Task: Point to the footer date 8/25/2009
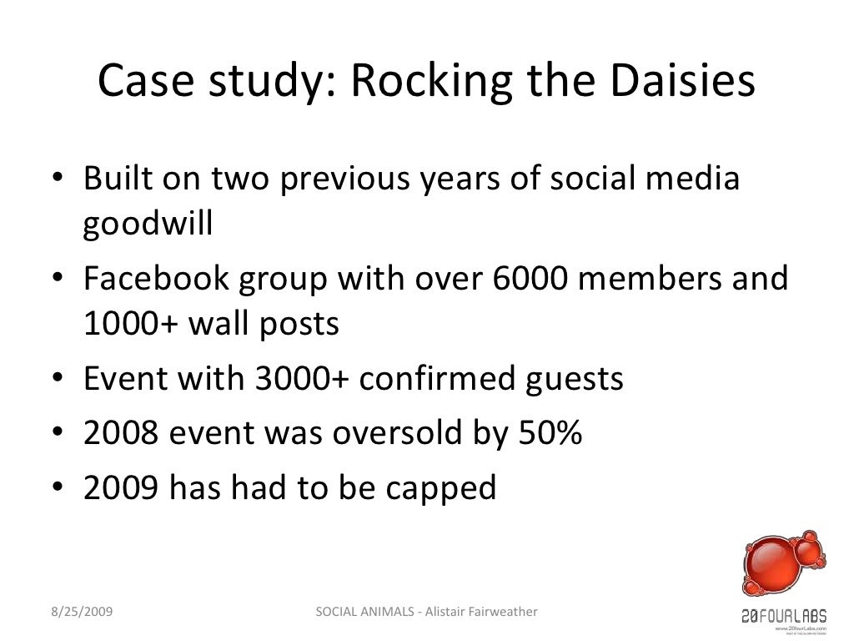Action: (79, 613)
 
